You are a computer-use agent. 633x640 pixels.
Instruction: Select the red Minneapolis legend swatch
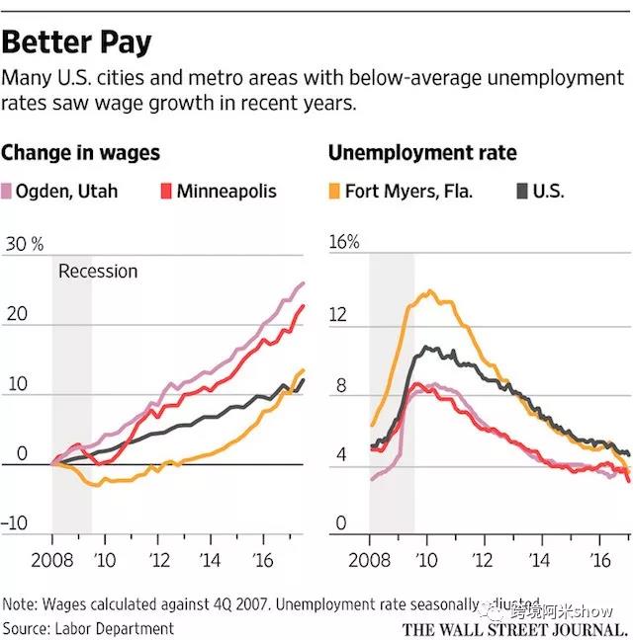point(165,191)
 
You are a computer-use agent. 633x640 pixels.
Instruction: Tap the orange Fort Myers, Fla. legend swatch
point(334,191)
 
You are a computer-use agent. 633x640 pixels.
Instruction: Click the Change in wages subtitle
point(81,153)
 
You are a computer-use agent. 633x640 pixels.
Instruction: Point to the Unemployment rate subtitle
point(422,153)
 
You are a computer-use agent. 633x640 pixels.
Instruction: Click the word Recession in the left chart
point(98,271)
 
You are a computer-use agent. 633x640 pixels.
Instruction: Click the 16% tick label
point(343,243)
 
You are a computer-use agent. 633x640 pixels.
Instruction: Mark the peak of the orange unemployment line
point(429,291)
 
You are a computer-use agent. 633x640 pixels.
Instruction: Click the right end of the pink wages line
point(303,283)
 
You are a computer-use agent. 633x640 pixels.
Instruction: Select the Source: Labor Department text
point(89,627)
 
